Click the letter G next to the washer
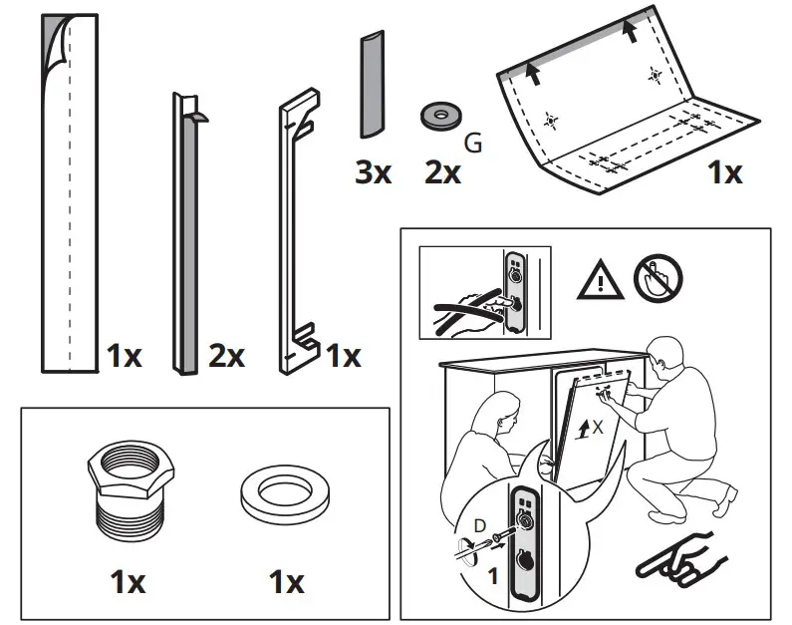(474, 144)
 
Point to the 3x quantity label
(374, 172)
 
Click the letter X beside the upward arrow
(597, 426)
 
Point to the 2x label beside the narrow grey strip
(226, 356)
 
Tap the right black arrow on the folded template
(629, 31)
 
